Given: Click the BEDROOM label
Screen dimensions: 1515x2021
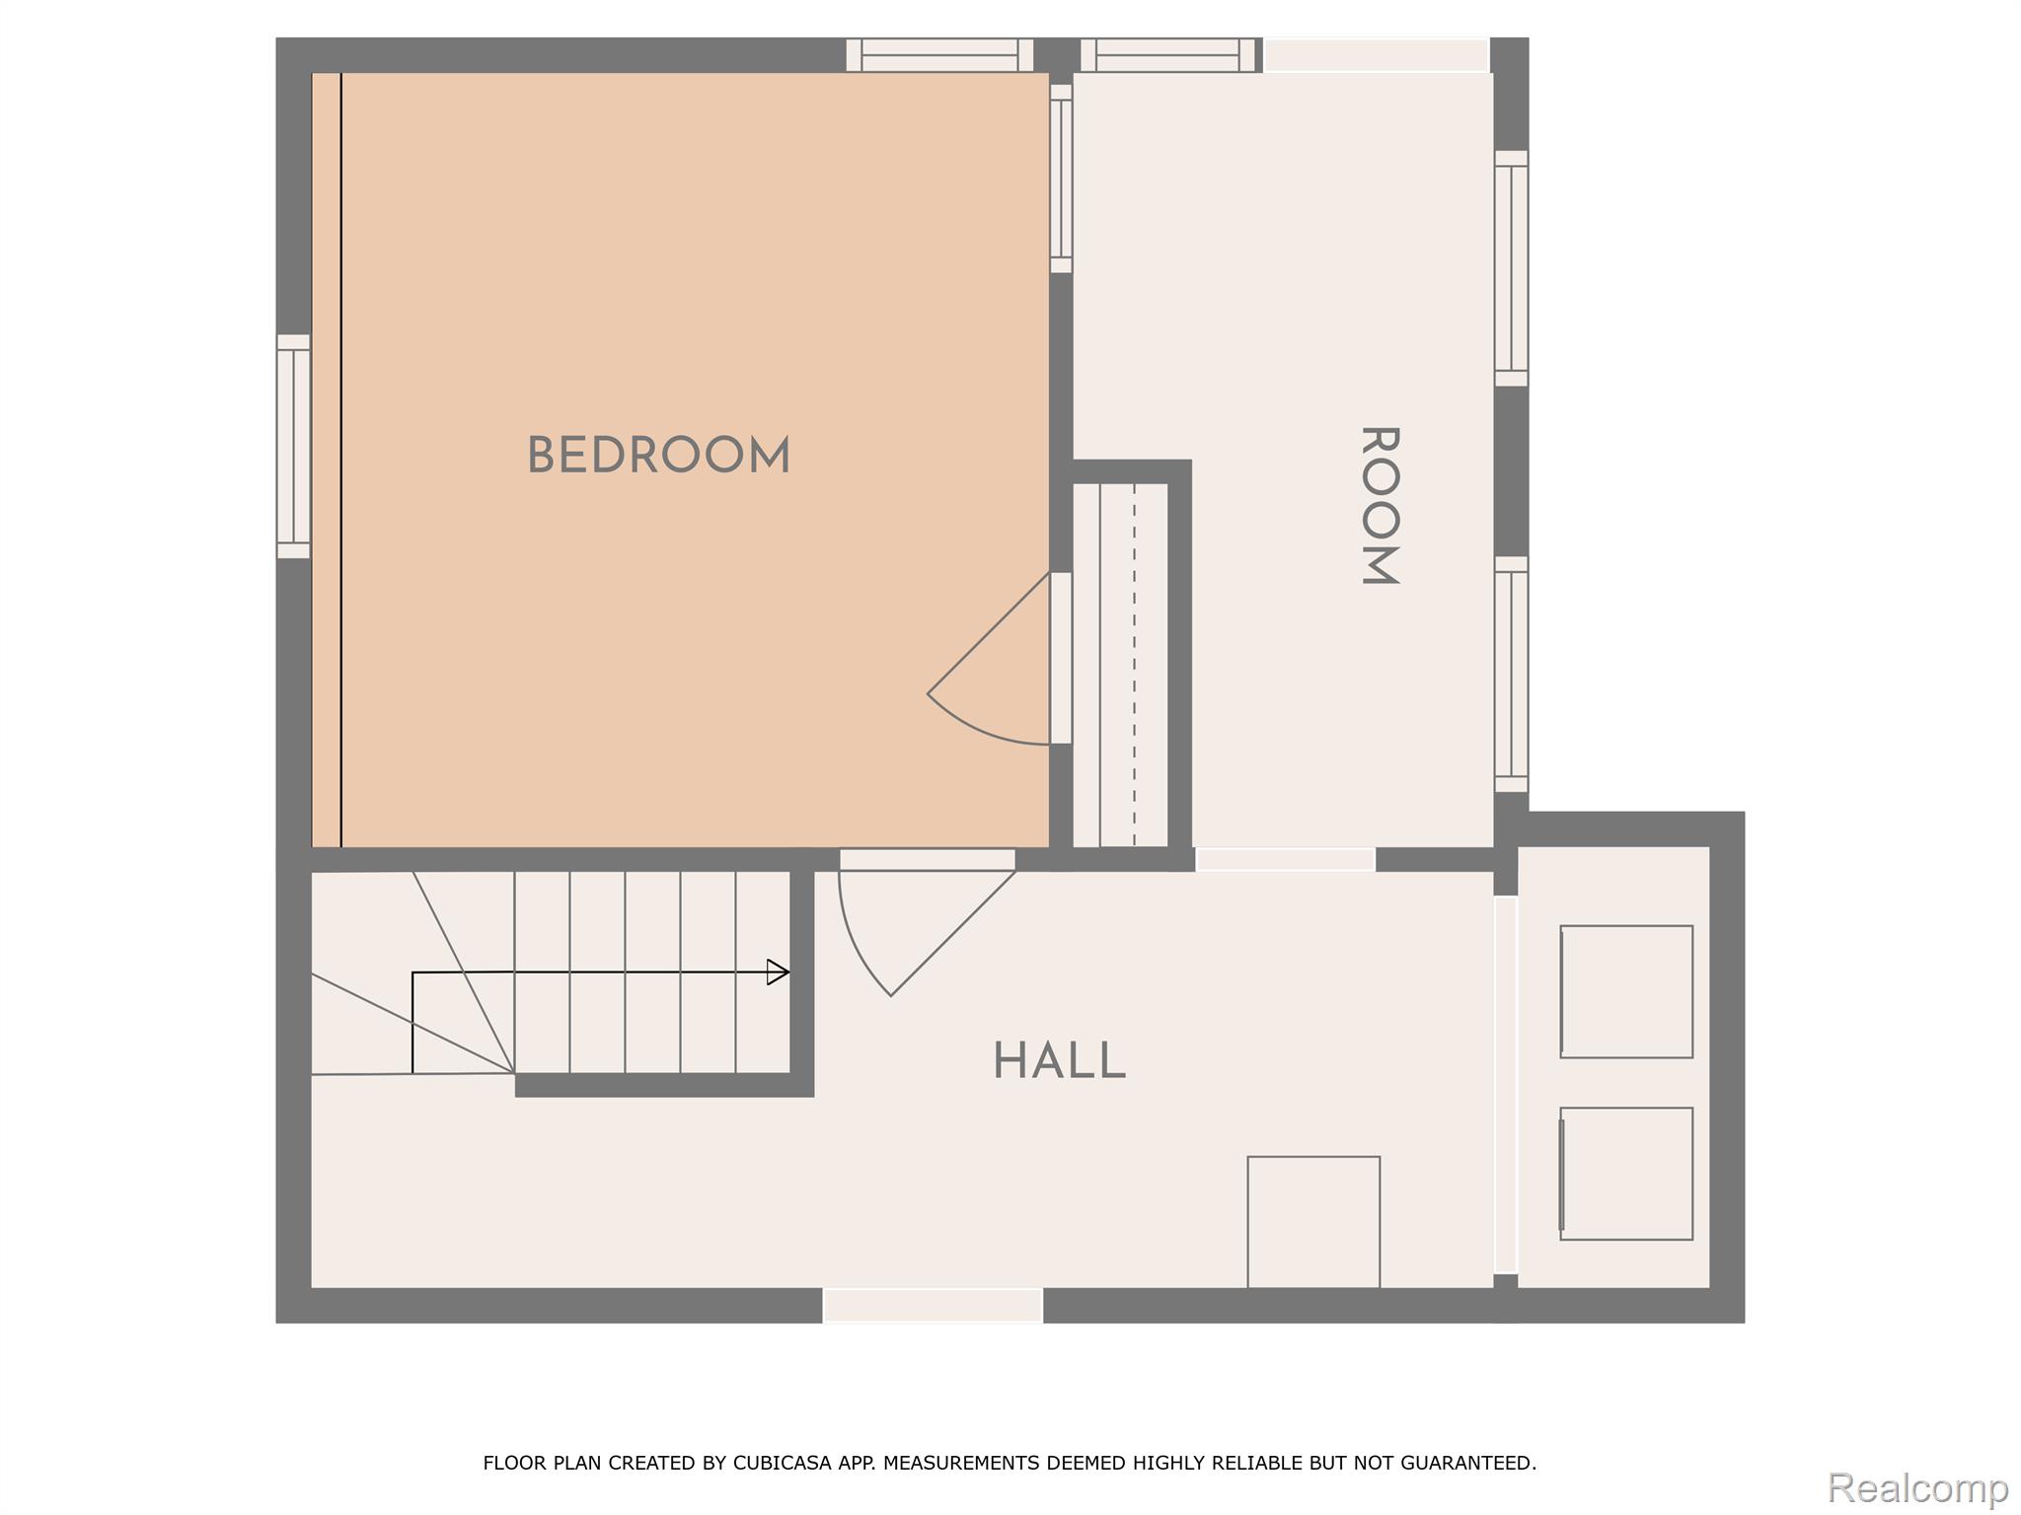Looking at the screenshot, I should click(x=658, y=457).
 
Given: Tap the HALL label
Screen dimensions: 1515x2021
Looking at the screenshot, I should click(x=1059, y=1062).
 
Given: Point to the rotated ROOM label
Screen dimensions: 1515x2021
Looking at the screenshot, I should click(x=1380, y=506).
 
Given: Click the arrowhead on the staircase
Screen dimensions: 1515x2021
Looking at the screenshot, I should click(x=778, y=973).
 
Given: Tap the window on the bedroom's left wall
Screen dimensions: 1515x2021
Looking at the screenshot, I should click(x=293, y=446).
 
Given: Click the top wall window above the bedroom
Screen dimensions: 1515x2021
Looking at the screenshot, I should click(x=939, y=55).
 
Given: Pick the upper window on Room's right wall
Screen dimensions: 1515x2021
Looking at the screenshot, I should click(x=1511, y=268).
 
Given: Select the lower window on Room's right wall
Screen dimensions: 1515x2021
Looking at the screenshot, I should click(x=1511, y=674).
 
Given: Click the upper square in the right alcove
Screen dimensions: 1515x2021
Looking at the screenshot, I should click(x=1626, y=991).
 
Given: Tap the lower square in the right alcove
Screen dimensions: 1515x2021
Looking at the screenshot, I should click(x=1626, y=1174).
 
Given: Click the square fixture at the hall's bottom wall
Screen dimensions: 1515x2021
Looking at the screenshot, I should click(x=1313, y=1221).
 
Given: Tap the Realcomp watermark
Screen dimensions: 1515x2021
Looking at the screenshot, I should click(x=1917, y=1486).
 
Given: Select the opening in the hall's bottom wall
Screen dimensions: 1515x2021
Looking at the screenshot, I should click(x=933, y=1305).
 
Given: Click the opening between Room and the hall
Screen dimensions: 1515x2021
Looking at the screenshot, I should click(x=1285, y=859).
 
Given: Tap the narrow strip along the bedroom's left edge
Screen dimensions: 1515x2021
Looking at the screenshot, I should click(x=327, y=460).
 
